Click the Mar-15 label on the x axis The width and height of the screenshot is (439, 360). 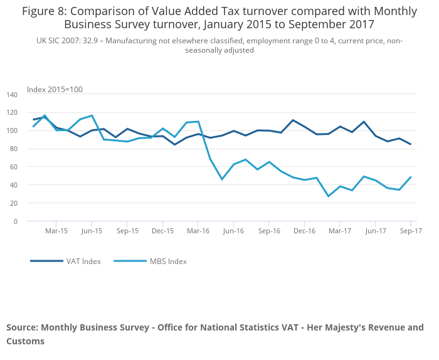[x=56, y=231]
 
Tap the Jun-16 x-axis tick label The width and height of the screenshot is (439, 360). [x=233, y=231]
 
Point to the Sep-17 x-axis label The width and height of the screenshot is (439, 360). [x=410, y=231]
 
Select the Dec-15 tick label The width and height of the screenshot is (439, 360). [x=162, y=231]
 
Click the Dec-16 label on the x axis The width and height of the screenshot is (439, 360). [x=304, y=231]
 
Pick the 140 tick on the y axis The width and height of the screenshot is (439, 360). [x=12, y=95]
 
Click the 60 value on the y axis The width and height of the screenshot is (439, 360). [x=14, y=167]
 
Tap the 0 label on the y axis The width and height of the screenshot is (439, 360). [x=16, y=221]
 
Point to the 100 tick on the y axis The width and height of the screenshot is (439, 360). [x=12, y=131]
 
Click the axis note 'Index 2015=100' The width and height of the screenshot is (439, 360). [x=55, y=90]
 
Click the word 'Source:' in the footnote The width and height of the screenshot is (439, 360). [x=22, y=327]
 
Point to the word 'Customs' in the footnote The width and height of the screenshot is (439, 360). [x=26, y=341]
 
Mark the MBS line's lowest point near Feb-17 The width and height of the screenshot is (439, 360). [x=328, y=196]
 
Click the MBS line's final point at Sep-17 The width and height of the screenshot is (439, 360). [x=411, y=177]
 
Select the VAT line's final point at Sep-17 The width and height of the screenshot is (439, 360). [x=411, y=144]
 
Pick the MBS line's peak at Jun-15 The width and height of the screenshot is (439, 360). [x=92, y=115]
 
